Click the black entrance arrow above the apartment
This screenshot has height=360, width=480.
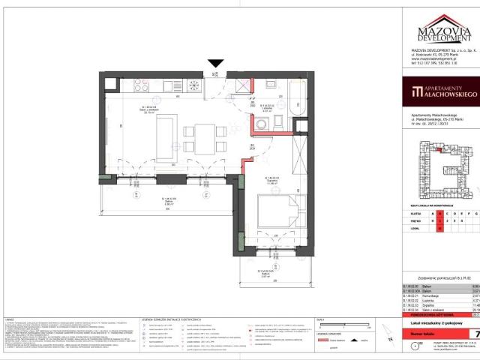coord(216,65)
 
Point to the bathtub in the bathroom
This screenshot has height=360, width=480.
coord(292,102)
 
